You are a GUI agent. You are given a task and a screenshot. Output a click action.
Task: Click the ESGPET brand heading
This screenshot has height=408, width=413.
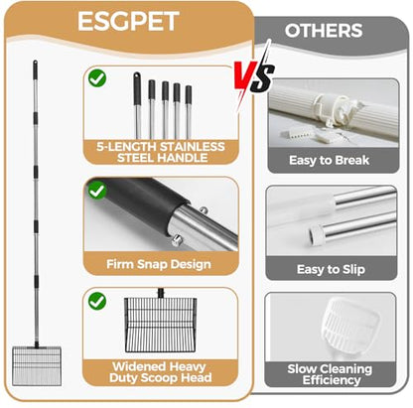pos(128,21)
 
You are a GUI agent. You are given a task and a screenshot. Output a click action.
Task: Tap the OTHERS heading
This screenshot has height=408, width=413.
pos(324,31)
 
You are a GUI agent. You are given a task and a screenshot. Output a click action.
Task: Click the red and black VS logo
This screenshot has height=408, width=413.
pos(254,76)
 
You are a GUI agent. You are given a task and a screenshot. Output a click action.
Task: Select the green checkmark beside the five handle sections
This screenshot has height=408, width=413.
pos(97,78)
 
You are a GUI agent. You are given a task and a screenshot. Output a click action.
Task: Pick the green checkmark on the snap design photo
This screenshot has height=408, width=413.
pos(97,191)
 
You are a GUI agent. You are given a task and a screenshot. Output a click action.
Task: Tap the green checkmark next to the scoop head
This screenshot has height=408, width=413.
pos(97,301)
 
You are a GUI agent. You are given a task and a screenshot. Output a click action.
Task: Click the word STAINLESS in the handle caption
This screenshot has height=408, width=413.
pos(193,146)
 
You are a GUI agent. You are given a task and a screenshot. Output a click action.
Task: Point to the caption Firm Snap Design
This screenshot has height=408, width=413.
pos(159,264)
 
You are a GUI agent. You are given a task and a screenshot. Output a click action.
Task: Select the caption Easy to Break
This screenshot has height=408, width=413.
pos(329,160)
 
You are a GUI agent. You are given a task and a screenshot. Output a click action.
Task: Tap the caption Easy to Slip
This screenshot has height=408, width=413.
pos(331,269)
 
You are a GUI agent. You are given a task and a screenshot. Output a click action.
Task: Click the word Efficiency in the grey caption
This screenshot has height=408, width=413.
pos(332,380)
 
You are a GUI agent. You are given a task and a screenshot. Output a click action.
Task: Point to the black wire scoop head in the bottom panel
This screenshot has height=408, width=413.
pos(161,325)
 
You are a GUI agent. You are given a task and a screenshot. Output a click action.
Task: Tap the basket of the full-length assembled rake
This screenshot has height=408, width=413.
pos(37,366)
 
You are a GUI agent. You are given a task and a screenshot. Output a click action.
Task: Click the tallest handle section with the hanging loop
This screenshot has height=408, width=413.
pos(137,105)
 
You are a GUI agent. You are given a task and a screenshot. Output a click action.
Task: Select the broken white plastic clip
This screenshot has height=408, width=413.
pos(336,110)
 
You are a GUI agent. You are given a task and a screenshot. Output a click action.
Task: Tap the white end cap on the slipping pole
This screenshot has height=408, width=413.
pos(316,234)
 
